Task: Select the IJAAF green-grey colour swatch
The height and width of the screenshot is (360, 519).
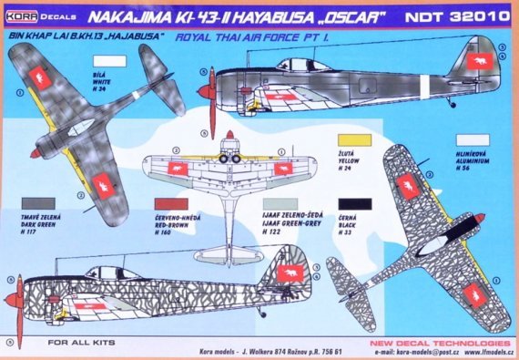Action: coord(279,207)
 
